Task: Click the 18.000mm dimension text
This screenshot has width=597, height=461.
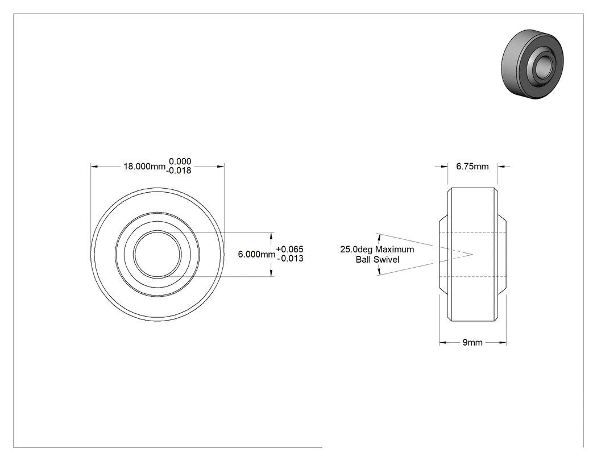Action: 144,167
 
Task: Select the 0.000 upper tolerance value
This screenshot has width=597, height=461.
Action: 180,161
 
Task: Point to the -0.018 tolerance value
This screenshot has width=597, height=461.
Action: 179,171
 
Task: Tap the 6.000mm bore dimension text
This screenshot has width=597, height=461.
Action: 256,254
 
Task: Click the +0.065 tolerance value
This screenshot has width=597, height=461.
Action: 290,250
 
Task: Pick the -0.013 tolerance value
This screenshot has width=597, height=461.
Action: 290,259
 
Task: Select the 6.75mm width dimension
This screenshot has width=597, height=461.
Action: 472,167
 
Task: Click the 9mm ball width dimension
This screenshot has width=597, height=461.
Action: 472,343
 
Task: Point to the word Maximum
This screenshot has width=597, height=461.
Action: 395,250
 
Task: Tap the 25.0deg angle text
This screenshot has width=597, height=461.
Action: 356,250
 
